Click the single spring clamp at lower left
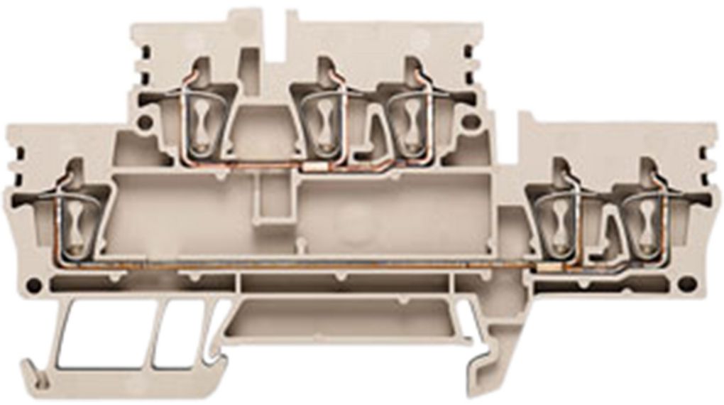(x=75, y=225)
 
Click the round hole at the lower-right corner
(x=686, y=283)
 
